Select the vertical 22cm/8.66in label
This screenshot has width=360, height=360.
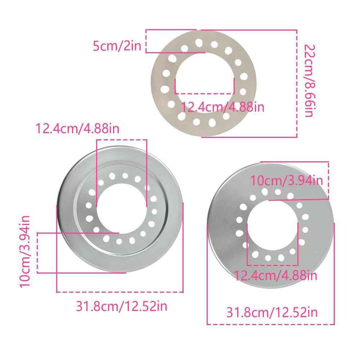pyautogui.click(x=308, y=81)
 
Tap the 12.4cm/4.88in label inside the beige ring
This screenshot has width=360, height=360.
pyautogui.click(x=223, y=107)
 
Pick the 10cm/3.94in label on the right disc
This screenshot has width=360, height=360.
pyautogui.click(x=286, y=180)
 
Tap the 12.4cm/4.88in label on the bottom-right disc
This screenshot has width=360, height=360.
pyautogui.click(x=276, y=276)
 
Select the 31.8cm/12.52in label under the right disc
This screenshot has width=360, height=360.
pyautogui.click(x=272, y=312)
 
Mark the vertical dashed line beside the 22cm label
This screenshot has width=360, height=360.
pyautogui.click(x=297, y=82)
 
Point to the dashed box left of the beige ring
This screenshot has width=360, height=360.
pyautogui.click(x=154, y=40)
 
